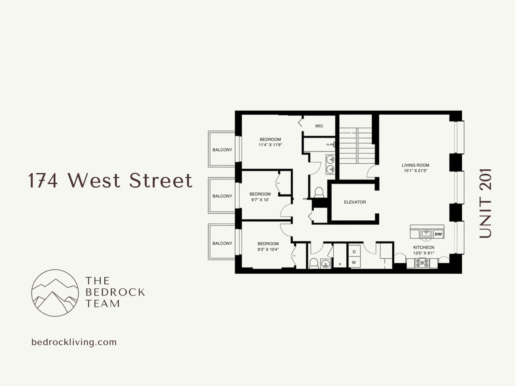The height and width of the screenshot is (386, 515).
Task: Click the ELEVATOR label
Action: point(355,202)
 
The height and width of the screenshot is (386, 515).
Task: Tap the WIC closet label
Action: point(319,126)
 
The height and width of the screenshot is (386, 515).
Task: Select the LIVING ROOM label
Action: point(415,165)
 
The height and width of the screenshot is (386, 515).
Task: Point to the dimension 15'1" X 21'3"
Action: point(415,171)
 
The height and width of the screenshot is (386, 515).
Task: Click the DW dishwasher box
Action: point(438,234)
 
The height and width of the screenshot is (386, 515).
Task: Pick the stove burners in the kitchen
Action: point(422,263)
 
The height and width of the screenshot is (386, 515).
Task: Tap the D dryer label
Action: point(354,252)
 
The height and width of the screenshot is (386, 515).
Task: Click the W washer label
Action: point(354,263)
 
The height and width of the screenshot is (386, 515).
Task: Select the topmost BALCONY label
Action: point(222,150)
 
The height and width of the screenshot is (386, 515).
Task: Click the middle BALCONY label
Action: point(222,196)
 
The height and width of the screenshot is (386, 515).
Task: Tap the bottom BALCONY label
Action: point(222,243)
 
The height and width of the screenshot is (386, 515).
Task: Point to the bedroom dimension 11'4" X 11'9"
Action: point(270,145)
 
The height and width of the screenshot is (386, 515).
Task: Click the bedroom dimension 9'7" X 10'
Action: point(260,200)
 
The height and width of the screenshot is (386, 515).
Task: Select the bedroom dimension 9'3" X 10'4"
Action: point(268,250)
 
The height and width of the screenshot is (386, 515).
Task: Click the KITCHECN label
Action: point(423,247)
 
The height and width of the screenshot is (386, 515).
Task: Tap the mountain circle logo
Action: point(55,293)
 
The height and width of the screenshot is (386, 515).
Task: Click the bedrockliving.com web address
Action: point(74,342)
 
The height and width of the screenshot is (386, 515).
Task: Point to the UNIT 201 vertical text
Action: point(485,203)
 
